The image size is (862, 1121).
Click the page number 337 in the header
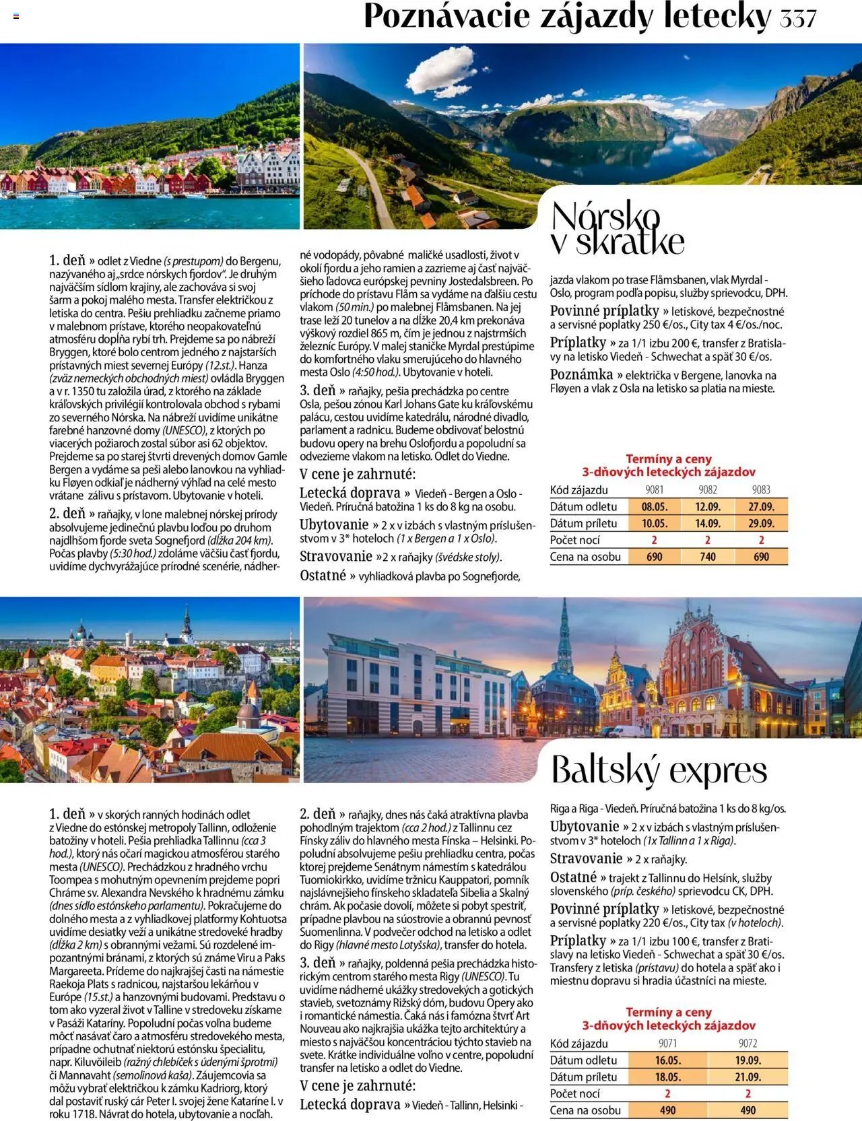798,18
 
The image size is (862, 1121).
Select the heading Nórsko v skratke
617,229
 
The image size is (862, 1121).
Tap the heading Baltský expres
659,770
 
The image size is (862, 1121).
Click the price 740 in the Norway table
708,557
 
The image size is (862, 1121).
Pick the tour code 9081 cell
654,490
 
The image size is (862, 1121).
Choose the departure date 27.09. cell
761,506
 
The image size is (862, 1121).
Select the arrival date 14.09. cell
708,523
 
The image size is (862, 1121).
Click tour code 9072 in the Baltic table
748,1044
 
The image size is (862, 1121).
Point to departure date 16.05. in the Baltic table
667,1060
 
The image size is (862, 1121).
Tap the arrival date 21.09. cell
748,1077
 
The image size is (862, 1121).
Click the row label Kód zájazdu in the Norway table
579,490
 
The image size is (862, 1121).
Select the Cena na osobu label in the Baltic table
585,1110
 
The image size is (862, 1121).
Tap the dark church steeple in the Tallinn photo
187,623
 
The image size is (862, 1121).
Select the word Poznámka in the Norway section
581,374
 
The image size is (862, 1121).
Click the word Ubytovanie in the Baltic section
584,826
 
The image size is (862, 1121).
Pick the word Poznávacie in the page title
446,18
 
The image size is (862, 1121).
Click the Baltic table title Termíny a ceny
668,1012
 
